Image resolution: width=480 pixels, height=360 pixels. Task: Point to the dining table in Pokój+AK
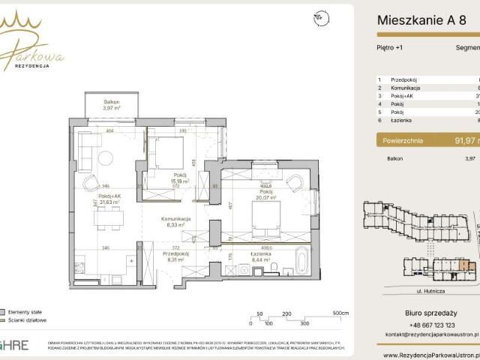pyautogui.click(x=108, y=218)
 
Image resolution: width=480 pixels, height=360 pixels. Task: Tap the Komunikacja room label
pyautogui.click(x=175, y=218)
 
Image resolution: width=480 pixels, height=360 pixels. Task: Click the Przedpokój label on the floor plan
pyautogui.click(x=175, y=256)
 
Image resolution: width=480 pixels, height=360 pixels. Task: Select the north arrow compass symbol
pyautogui.click(x=321, y=18)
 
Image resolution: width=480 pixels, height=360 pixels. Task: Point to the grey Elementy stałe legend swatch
pyautogui.click(x=4, y=310)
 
